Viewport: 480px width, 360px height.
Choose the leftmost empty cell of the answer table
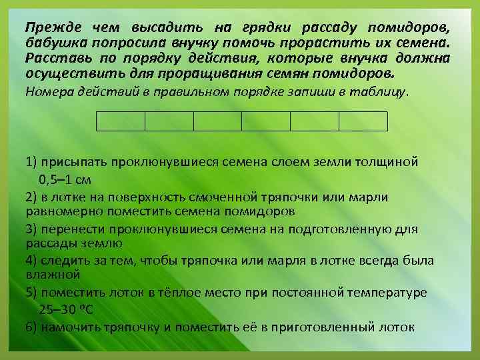coord(121,121)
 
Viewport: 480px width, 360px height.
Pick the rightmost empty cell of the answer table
coord(363,121)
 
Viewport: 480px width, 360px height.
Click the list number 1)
coord(31,162)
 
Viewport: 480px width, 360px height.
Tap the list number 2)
coord(31,197)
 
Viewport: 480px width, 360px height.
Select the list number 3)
coord(31,229)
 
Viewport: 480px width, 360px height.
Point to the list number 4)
coord(31,259)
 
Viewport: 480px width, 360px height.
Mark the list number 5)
coord(31,293)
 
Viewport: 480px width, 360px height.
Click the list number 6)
coord(31,327)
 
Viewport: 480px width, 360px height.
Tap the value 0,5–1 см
coord(65,179)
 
